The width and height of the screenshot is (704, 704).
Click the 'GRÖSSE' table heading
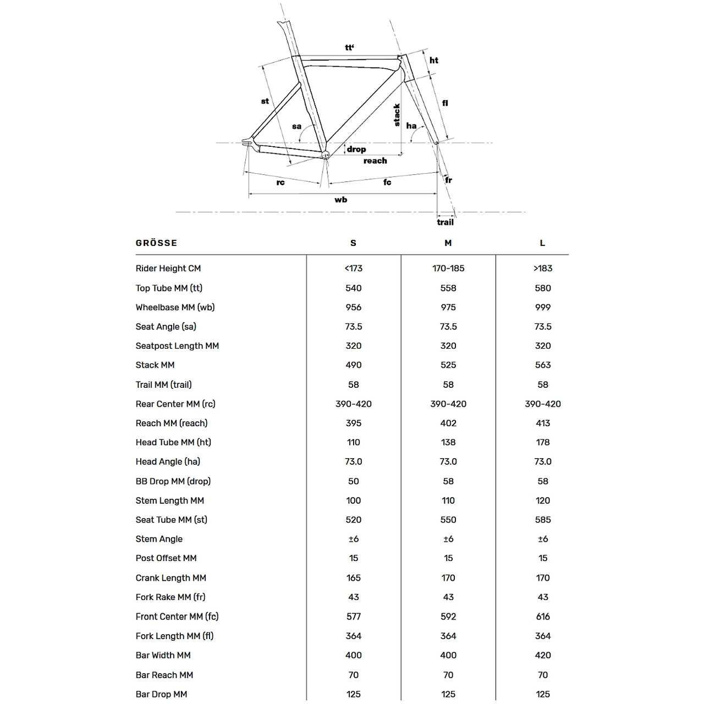[x=156, y=243]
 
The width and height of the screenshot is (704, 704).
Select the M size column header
[x=448, y=243]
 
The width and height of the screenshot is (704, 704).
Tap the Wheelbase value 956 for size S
[x=354, y=307]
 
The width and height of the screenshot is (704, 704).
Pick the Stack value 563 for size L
[x=543, y=365]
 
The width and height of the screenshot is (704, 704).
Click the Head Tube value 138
[x=448, y=442]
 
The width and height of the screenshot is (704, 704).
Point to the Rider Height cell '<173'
[x=354, y=268]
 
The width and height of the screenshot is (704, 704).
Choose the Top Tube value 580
[x=543, y=288]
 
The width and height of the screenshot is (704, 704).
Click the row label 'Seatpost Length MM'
[x=177, y=346]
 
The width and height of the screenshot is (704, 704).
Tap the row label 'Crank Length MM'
[x=170, y=578]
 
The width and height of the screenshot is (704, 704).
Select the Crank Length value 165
[x=354, y=578]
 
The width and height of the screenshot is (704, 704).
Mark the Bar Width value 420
[x=543, y=655]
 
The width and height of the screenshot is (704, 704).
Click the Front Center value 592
[x=448, y=617]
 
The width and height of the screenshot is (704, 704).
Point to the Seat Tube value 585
[x=543, y=520]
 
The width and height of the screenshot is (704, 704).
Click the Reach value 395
[x=354, y=423]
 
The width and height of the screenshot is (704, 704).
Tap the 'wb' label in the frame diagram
[x=341, y=200]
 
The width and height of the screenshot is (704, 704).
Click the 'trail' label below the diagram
[x=446, y=222]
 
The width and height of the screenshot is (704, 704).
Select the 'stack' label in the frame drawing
[x=397, y=115]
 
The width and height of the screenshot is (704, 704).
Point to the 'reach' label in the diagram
[x=375, y=161]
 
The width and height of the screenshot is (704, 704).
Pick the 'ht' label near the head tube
[x=434, y=61]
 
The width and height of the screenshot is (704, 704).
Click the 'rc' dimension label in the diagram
[x=280, y=182]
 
